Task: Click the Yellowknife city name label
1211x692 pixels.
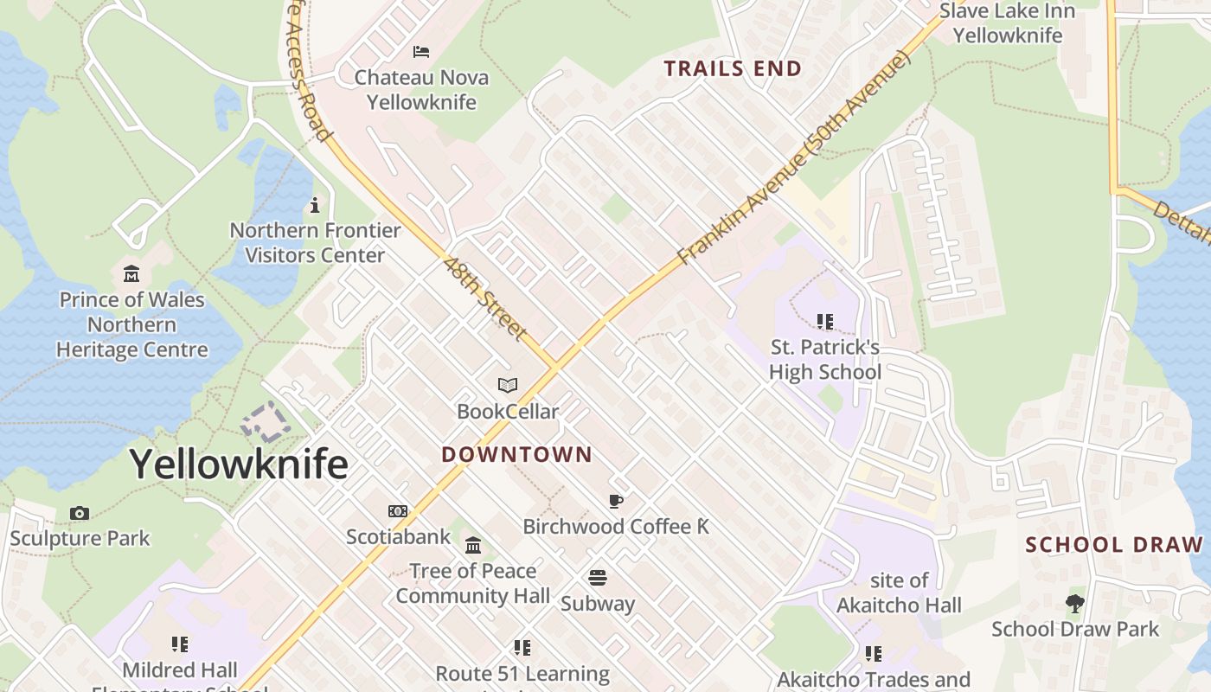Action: pos(239,465)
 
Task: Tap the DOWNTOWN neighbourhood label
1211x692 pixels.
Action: pos(516,454)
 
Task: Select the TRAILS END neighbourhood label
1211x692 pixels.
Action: pos(733,68)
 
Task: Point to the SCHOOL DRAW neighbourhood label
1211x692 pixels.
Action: pos(1114,545)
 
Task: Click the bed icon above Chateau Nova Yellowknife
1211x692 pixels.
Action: pos(421,52)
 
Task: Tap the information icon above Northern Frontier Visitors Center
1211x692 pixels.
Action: pos(315,206)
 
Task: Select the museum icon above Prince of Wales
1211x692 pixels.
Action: pos(131,274)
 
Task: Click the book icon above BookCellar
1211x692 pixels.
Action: pos(508,386)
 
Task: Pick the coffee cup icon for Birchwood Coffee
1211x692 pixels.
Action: pos(616,501)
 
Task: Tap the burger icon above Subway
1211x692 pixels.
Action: pos(598,577)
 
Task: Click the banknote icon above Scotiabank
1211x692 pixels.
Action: pos(398,511)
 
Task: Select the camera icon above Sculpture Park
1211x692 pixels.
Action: pos(80,513)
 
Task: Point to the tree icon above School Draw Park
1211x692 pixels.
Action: pos(1075,603)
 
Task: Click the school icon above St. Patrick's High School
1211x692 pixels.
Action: pos(825,322)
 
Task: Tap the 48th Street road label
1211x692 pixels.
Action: pos(485,297)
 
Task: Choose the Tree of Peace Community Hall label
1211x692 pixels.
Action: pos(473,583)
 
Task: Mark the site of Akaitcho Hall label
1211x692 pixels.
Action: pos(899,593)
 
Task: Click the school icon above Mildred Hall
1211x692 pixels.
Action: pos(180,644)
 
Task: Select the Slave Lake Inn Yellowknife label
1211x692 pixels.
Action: pos(1007,23)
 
